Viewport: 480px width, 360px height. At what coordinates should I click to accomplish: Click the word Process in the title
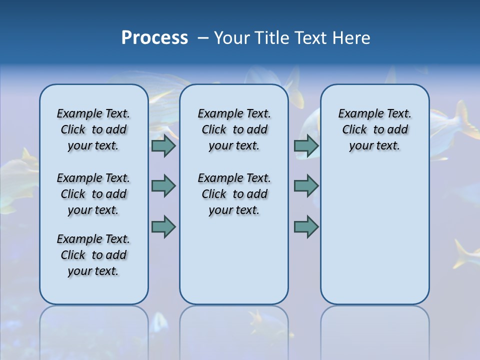tap(154, 38)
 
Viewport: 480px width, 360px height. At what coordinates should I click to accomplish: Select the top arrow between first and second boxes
tap(163, 146)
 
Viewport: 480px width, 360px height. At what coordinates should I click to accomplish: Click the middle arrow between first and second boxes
tap(163, 186)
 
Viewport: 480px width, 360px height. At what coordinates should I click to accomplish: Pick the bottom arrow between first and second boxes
tap(163, 226)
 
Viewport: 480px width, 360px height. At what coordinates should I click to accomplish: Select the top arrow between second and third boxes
tap(306, 146)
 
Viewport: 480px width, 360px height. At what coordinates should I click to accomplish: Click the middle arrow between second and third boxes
tap(306, 186)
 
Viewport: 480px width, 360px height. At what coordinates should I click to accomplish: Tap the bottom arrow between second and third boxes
tap(306, 226)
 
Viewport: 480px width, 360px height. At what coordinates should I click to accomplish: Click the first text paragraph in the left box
tap(93, 129)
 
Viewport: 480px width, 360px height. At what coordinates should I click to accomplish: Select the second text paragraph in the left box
tap(93, 194)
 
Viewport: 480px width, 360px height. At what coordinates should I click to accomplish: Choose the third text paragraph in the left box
tap(93, 255)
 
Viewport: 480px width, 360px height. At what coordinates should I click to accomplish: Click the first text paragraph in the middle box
tap(234, 129)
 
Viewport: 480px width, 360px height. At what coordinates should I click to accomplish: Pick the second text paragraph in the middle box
tap(234, 194)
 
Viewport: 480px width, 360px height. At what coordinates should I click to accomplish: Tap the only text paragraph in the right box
tap(375, 129)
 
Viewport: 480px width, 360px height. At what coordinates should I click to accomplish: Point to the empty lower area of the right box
tap(375, 235)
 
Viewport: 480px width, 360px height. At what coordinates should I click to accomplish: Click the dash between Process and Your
tap(203, 38)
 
